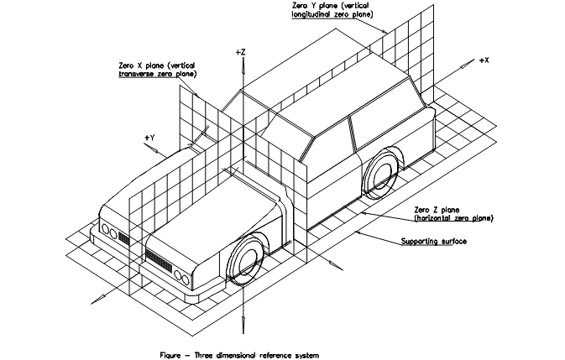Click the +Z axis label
pos(240,53)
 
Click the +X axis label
pos(484,61)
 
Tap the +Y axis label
pos(149,136)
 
